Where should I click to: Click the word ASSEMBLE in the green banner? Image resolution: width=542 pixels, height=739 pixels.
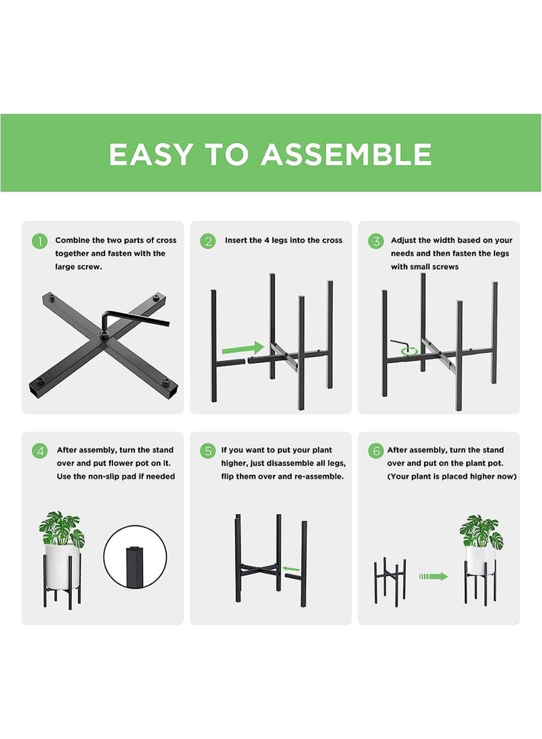pos(346,154)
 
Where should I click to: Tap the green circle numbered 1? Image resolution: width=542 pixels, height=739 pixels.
pos(39,242)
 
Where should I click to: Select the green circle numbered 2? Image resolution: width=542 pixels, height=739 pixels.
pos(208,242)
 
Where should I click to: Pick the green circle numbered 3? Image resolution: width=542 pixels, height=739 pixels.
pos(376,242)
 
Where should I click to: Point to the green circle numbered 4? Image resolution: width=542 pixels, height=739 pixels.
pos(39,452)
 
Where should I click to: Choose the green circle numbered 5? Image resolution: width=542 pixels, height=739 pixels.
pos(208,452)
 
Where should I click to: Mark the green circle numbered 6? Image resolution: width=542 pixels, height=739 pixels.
pos(376,452)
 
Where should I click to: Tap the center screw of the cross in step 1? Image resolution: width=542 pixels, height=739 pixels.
pos(104,334)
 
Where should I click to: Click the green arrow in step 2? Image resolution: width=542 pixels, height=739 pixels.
pos(243,348)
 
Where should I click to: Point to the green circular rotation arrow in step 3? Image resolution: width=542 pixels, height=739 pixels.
pos(409,351)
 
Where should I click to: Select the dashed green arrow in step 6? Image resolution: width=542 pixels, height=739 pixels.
pos(434,576)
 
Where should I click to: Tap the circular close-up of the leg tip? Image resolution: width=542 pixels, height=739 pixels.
pos(135,557)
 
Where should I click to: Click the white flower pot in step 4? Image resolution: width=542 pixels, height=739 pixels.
pos(62,566)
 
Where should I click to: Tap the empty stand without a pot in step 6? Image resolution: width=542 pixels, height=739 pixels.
pos(390,582)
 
